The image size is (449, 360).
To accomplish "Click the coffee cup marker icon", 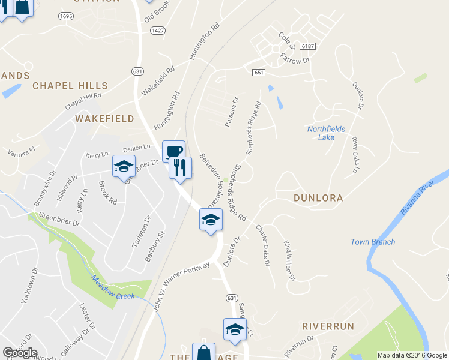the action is pos(173,151).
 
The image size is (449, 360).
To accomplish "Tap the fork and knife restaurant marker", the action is pos(179,167).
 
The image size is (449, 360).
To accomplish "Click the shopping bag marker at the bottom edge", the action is pos(203,353).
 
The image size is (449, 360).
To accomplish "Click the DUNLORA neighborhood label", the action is pos(318,198).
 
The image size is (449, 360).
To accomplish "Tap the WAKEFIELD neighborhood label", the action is pos(104,119).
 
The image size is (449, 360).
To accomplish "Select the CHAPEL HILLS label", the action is pos(70,86).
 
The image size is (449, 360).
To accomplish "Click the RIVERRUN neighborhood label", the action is pos(328,326).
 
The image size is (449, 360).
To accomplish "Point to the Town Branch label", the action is pos(373,242).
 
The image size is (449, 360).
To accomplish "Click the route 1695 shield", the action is pos(66,16).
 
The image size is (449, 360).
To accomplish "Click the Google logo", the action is pos(20,353).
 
